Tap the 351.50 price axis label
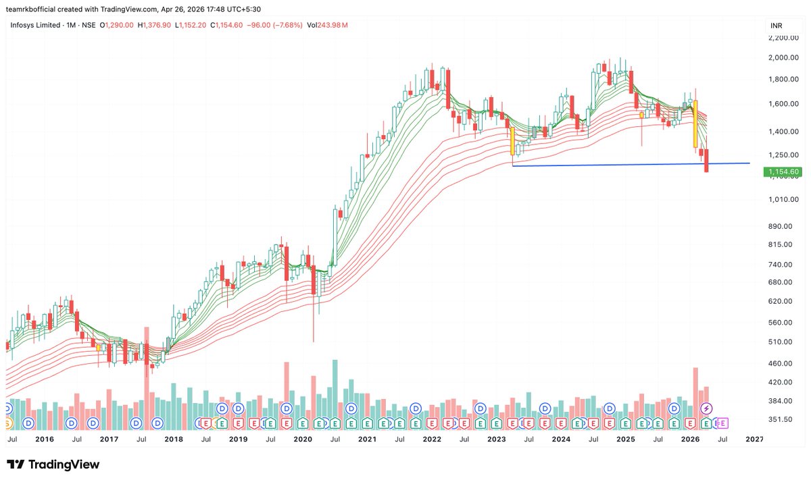pos(780,419)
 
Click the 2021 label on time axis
pos(367,439)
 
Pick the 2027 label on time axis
pos(754,439)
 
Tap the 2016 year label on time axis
pos(45,439)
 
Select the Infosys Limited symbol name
pos(34,26)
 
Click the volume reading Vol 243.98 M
pos(327,26)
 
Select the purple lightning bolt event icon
pos(706,408)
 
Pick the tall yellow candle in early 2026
pos(695,125)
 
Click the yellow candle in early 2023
pos(513,141)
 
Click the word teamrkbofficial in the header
pos(38,9)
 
